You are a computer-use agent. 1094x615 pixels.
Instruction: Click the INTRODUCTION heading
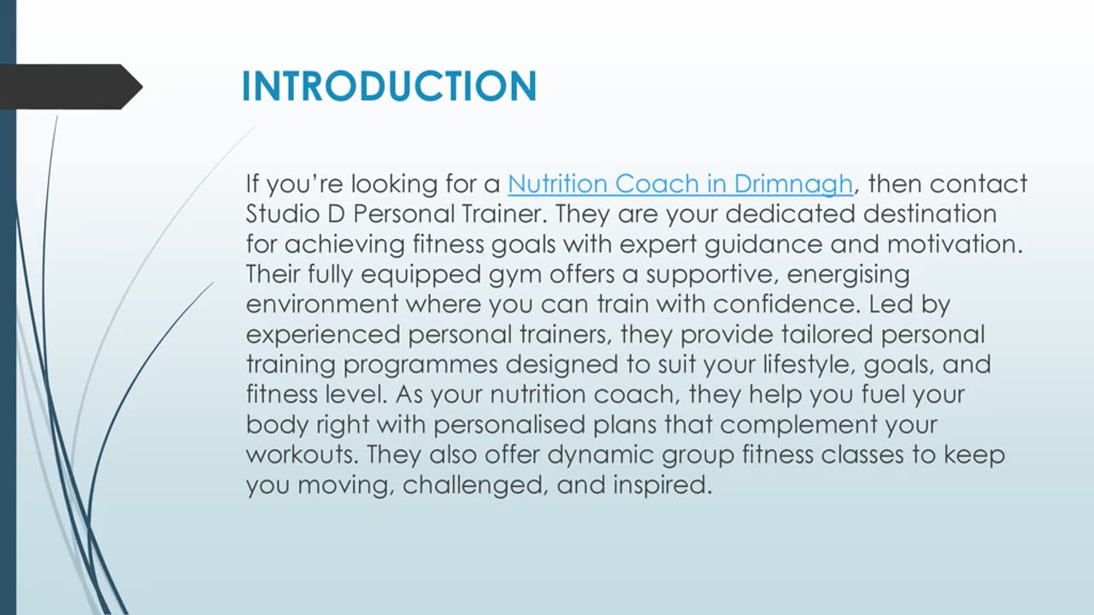point(389,86)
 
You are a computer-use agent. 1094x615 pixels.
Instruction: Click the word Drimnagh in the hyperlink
point(792,184)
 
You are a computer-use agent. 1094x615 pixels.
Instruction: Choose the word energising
point(848,275)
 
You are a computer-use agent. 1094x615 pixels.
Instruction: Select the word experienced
point(326,334)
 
